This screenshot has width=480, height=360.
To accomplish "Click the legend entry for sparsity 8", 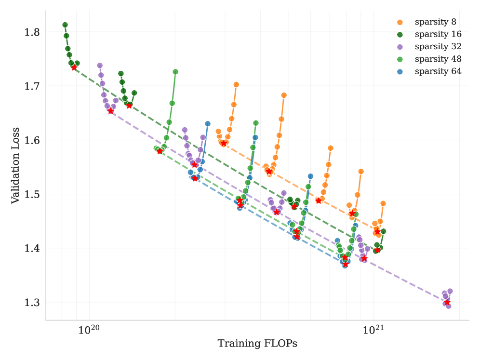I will [x=435, y=22].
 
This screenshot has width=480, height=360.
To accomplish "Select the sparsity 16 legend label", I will [x=438, y=34].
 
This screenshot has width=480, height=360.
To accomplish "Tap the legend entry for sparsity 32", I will [x=438, y=47].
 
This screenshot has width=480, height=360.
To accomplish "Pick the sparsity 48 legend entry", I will [x=438, y=59].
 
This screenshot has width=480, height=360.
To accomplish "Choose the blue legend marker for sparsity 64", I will [x=400, y=71].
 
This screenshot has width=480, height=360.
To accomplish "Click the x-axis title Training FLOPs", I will [x=257, y=344].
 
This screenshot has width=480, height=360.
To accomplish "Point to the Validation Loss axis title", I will [x=15, y=165].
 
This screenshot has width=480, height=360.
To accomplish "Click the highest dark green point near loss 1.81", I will [x=65, y=25].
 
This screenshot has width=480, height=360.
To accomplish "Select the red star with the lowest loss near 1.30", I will [x=447, y=302].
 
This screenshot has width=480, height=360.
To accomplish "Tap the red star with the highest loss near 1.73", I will [x=74, y=67].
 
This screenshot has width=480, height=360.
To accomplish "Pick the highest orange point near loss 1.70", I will [x=236, y=84].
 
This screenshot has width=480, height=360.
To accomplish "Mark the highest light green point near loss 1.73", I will [x=175, y=72].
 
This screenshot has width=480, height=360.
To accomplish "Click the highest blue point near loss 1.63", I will [x=208, y=124].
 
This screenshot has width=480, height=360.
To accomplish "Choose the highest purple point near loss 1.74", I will [x=100, y=66].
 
